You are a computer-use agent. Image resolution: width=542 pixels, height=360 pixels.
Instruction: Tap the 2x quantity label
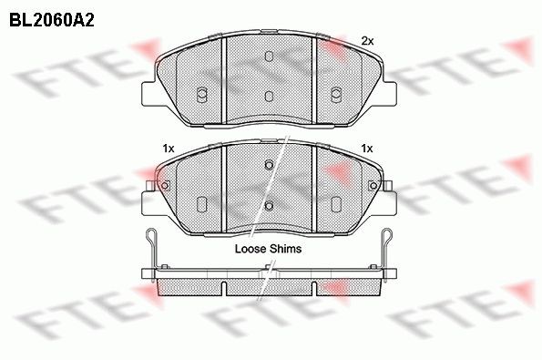(x=367, y=40)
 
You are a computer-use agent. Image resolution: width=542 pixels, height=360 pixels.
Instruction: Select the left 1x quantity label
(x=168, y=148)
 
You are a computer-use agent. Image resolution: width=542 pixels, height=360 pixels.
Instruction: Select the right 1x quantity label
(x=367, y=148)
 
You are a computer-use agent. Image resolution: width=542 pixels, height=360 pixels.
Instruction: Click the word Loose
(x=251, y=247)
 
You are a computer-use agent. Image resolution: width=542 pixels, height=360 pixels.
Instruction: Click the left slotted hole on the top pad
(x=202, y=92)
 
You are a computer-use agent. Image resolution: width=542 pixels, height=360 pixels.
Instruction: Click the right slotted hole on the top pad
(x=335, y=92)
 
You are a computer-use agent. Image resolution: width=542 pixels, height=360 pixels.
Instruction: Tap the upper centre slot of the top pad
(x=269, y=57)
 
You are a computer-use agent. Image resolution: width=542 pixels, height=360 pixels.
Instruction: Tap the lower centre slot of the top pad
(x=269, y=95)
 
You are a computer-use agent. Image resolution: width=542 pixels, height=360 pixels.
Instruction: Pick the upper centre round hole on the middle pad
(x=269, y=165)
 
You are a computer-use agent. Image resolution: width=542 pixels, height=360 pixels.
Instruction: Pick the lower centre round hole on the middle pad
(x=269, y=204)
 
